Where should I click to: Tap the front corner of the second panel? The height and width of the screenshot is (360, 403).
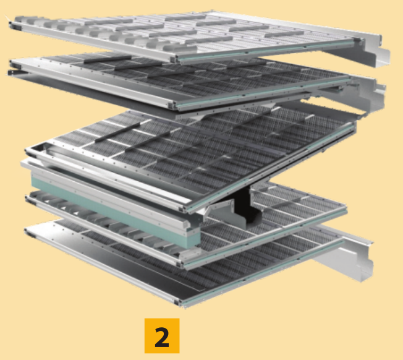coord(172,105)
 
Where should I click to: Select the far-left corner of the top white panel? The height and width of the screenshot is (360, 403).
coord(11,24)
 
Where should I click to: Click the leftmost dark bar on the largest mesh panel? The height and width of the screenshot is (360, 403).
coord(117,133)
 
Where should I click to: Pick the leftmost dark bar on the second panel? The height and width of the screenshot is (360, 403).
coord(108,59)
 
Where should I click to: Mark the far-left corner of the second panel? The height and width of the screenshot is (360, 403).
coord(12,62)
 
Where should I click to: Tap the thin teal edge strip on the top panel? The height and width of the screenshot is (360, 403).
coord(267,50)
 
